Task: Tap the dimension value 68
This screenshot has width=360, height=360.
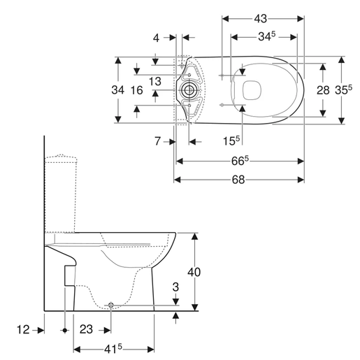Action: click(x=238, y=179)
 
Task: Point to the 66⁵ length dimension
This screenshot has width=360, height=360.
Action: click(x=239, y=161)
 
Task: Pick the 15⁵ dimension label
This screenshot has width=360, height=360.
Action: click(x=231, y=141)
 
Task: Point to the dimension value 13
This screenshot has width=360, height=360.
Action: click(x=155, y=82)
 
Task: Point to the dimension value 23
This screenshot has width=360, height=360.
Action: click(x=87, y=329)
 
